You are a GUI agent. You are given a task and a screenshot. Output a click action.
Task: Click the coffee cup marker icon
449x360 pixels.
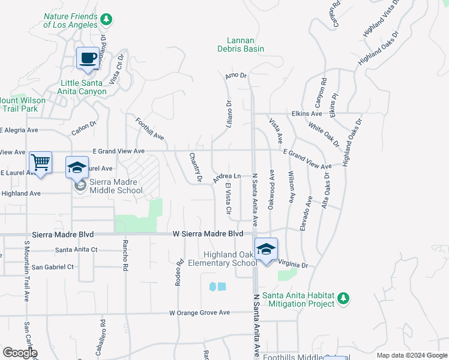(88, 59)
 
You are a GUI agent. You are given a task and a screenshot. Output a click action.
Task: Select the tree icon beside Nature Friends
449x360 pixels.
(106, 20)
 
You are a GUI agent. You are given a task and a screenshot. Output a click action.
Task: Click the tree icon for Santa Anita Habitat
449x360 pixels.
(343, 298)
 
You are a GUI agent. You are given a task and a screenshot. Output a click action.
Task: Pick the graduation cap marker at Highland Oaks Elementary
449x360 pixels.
(266, 249)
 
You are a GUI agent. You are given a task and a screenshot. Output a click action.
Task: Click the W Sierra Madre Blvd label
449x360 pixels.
(208, 233)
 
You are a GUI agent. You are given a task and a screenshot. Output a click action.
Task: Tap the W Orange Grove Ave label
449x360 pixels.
(199, 313)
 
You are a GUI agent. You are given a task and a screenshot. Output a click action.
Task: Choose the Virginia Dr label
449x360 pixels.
(293, 264)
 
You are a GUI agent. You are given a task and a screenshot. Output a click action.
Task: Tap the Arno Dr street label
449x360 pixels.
(236, 76)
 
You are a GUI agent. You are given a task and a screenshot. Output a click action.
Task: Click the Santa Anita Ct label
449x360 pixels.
(76, 250)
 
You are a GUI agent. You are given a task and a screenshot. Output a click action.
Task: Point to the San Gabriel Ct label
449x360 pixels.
(52, 266)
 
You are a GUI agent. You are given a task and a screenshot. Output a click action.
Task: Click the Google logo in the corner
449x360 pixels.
(20, 353)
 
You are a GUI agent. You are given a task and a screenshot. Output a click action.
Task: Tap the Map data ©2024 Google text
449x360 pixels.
(411, 355)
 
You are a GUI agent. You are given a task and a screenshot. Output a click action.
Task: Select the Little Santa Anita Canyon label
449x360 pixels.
(83, 88)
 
